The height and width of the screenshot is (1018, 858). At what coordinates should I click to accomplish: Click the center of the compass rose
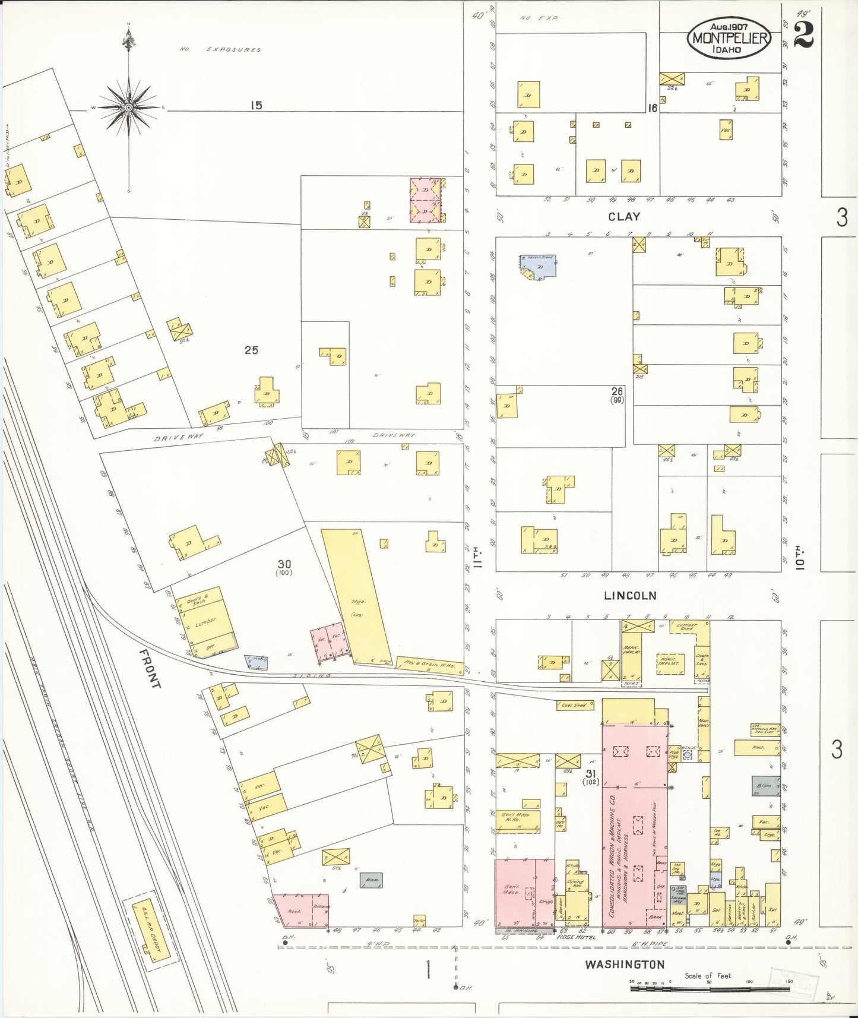pyautogui.click(x=128, y=108)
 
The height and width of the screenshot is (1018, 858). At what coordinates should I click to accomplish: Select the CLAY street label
pyautogui.click(x=624, y=217)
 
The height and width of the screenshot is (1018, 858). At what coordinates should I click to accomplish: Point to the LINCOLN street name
pyautogui.click(x=630, y=595)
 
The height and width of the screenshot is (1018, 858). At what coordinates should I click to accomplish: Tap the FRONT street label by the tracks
pyautogui.click(x=150, y=668)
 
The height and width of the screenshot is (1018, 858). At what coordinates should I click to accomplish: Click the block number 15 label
pyautogui.click(x=256, y=106)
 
